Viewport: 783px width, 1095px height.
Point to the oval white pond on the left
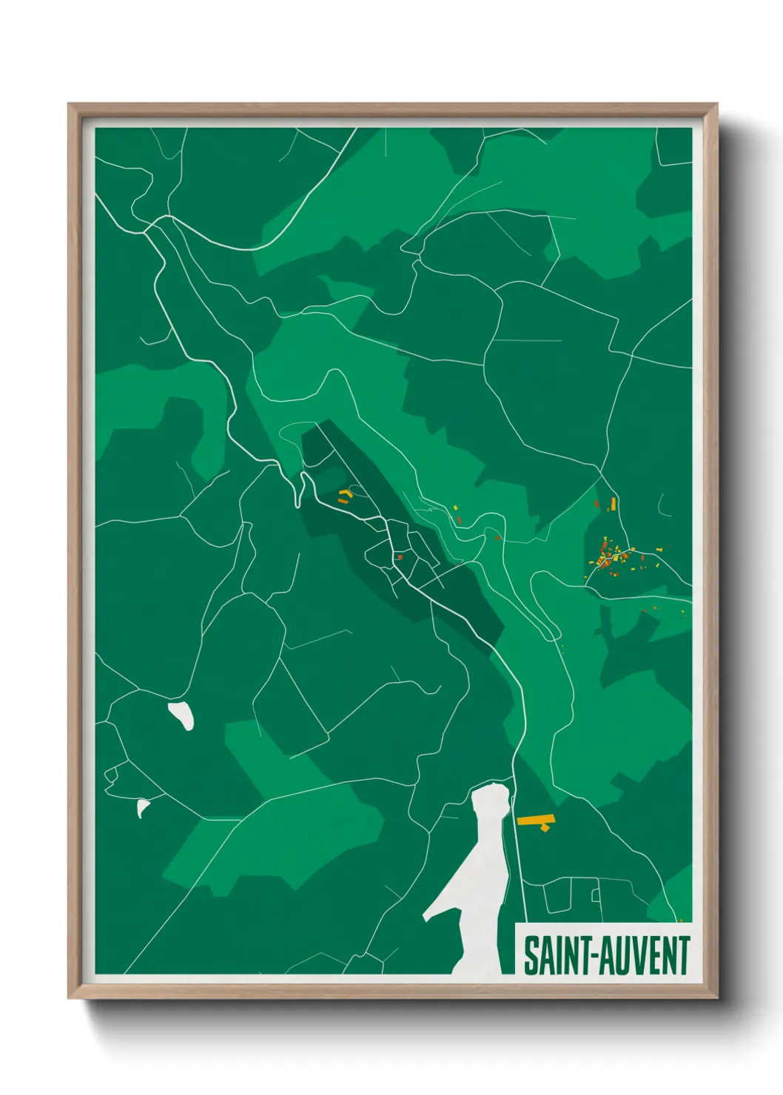click(x=182, y=715)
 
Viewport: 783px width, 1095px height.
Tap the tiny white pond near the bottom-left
click(x=142, y=807)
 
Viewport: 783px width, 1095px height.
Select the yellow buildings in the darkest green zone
click(x=343, y=495)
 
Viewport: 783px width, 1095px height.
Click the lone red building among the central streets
click(x=400, y=557)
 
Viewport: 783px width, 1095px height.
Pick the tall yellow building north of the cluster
click(x=614, y=504)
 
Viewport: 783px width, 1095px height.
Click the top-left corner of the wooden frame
click(x=70, y=106)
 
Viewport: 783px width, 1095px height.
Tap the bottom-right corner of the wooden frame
click(x=716, y=997)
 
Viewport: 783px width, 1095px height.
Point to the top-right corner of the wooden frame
click(x=716, y=106)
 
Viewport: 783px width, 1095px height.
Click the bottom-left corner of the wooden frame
click(x=70, y=997)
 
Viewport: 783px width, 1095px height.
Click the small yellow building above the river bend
click(x=456, y=508)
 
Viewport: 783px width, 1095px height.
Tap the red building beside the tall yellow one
click(x=597, y=504)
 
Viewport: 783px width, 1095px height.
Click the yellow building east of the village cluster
click(x=659, y=549)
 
